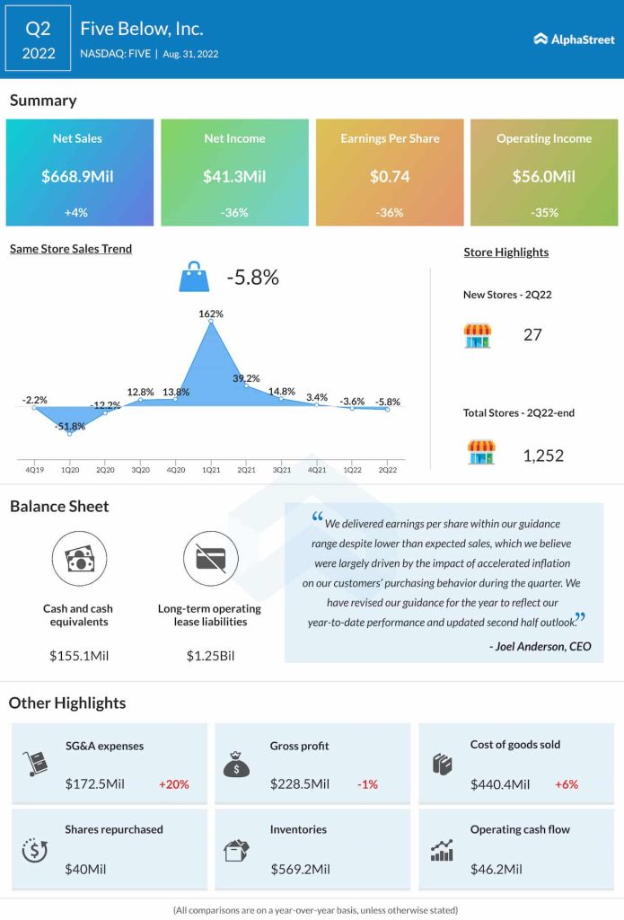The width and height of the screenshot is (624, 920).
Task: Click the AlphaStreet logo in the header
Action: [574, 39]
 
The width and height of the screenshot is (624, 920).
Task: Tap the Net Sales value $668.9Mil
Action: [76, 176]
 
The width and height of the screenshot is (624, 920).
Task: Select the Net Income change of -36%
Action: [234, 213]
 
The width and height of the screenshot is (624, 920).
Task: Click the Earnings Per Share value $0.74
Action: [390, 176]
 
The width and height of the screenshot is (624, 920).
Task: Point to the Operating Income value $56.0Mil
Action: [544, 176]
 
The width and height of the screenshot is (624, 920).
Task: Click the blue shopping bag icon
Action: [194, 278]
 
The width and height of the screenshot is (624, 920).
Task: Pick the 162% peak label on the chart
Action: [211, 314]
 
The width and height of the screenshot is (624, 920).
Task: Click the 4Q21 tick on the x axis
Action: [316, 468]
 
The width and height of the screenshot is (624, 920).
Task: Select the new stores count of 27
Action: [532, 335]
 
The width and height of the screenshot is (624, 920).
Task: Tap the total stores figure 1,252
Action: [543, 456]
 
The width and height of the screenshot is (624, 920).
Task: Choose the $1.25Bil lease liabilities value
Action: [210, 656]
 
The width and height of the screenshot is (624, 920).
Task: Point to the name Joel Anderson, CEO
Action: [541, 646]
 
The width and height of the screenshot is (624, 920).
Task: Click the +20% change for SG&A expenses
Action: [174, 784]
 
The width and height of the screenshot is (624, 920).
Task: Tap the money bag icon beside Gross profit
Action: [235, 765]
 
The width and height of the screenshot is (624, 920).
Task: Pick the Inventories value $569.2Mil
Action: [300, 869]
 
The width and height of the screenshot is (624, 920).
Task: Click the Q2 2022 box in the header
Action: [38, 39]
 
